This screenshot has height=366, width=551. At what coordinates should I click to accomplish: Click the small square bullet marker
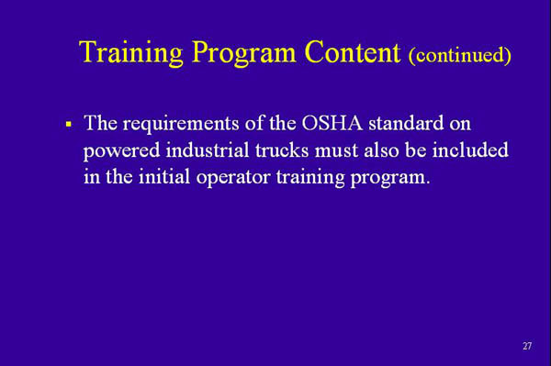(68, 123)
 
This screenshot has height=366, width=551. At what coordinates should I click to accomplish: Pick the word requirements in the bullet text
(174, 123)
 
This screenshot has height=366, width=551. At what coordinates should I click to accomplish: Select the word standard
(419, 123)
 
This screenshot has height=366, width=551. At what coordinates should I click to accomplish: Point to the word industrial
(200, 150)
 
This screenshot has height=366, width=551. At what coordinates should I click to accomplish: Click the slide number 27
(526, 346)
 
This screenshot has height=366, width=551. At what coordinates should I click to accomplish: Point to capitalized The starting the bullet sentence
(100, 123)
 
